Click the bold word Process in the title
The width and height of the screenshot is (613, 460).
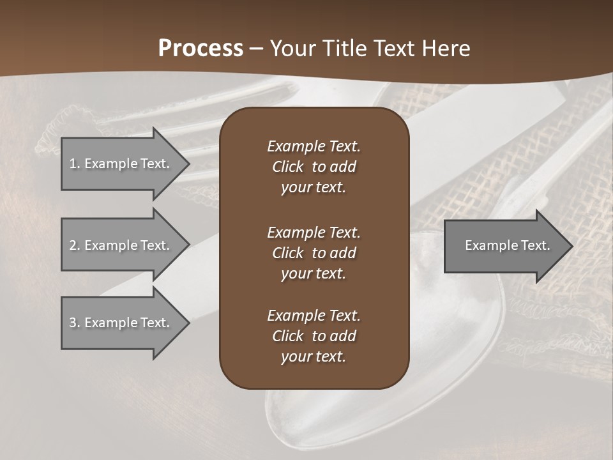tap(201, 49)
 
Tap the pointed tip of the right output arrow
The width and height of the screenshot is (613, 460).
tap(571, 246)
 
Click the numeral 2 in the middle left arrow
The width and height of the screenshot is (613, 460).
tap(73, 245)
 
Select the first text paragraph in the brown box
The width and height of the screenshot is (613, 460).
tap(314, 167)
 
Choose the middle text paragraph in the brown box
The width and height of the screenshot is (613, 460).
tap(314, 253)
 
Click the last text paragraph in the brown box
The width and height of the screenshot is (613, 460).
tap(314, 336)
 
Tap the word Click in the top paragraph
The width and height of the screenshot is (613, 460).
tap(288, 167)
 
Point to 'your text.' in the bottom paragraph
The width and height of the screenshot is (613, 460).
tap(314, 356)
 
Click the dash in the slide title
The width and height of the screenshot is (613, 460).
tap(256, 49)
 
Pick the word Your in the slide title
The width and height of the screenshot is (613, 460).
tap(293, 49)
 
